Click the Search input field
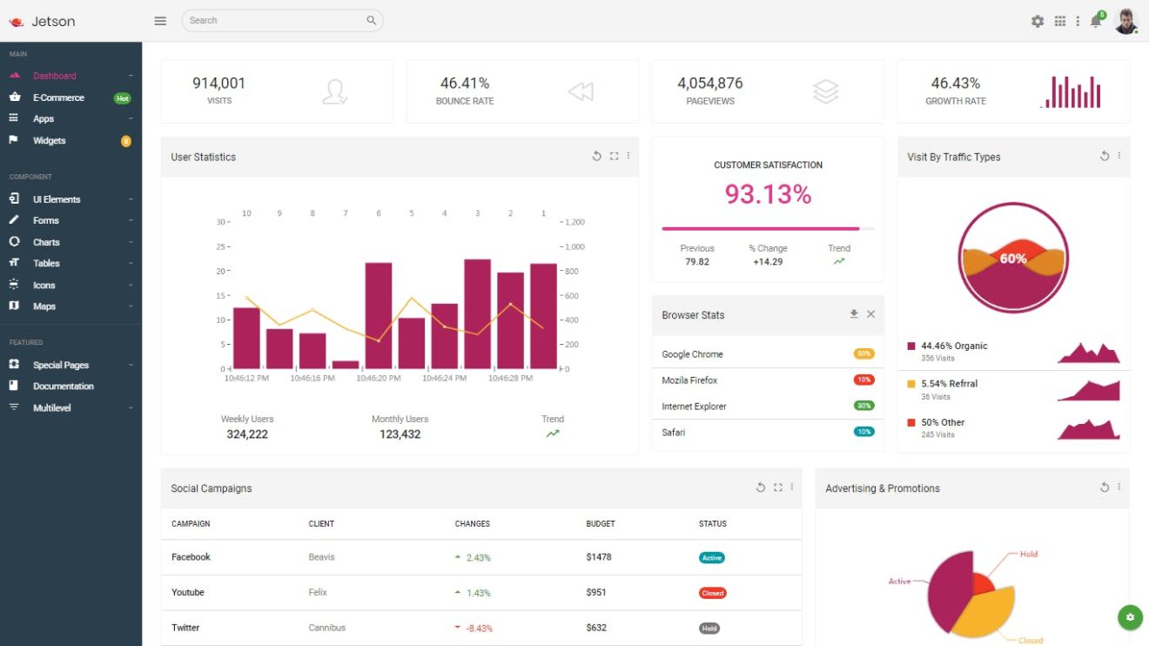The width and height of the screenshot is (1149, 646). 274,20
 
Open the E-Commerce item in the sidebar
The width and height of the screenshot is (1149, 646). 58,98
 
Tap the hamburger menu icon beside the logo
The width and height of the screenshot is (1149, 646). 160,21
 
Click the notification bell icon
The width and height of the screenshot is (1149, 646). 1096,22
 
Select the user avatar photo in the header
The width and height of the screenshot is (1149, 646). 1125,21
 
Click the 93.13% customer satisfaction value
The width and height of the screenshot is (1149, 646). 768,194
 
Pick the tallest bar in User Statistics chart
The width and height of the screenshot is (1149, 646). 477,313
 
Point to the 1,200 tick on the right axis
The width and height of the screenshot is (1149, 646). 574,222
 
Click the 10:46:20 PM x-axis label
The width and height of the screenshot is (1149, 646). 379,379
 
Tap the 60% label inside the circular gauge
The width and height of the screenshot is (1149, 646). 1013,259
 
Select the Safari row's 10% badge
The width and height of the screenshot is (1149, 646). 863,432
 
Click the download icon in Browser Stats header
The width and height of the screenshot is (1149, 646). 854,314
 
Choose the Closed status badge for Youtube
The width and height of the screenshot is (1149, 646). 712,593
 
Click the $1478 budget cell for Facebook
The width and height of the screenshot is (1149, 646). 599,557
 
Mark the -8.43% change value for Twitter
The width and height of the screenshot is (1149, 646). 479,629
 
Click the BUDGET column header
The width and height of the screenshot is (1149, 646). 601,524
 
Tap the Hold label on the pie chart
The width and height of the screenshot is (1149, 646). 1028,554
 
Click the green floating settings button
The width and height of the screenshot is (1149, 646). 1129,617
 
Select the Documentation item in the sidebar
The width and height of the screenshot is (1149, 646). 64,387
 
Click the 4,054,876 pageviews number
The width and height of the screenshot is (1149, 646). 710,84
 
